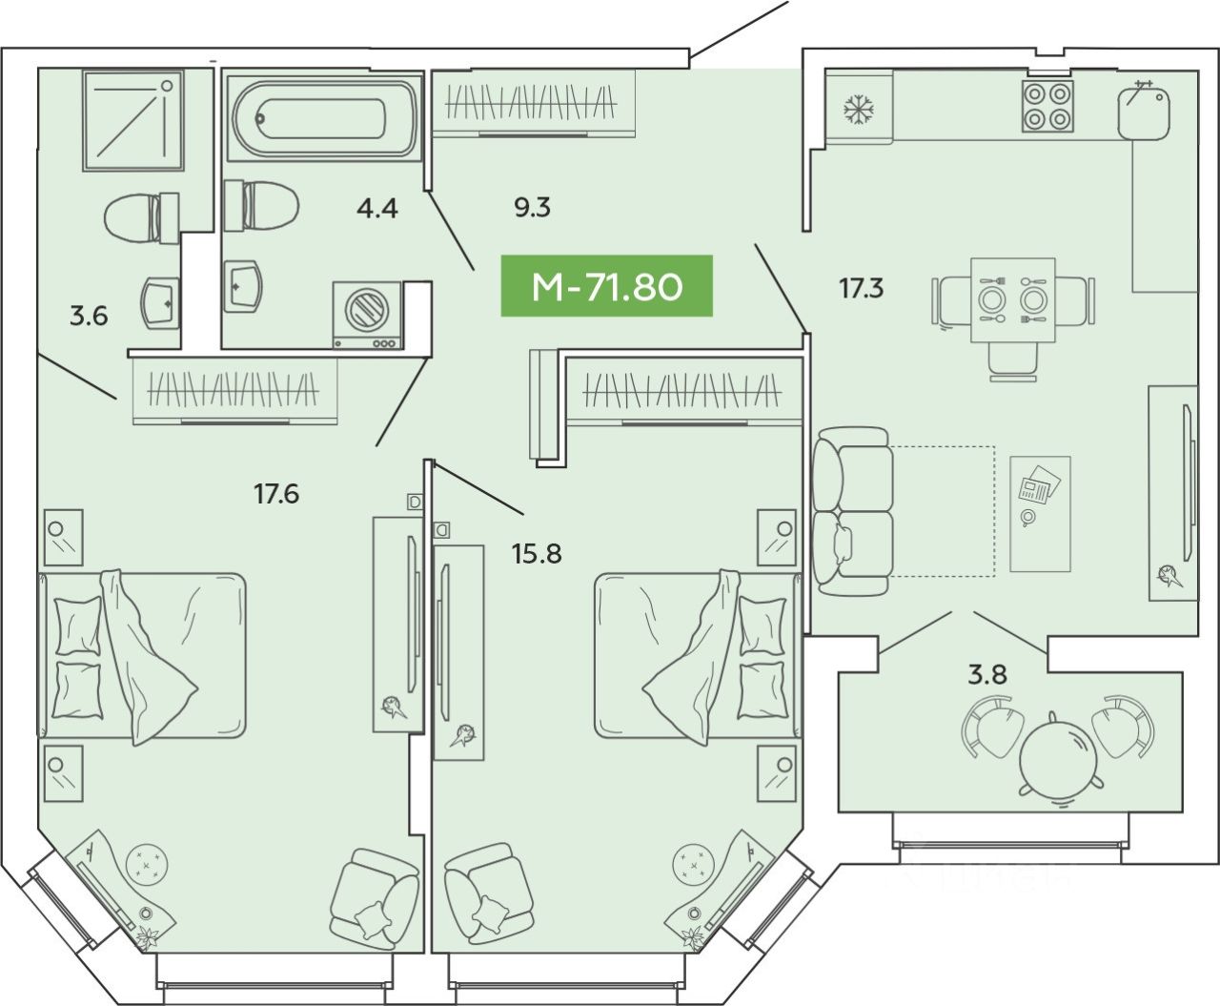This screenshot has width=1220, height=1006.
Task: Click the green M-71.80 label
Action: click(607, 286)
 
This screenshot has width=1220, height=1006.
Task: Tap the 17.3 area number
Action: click(861, 288)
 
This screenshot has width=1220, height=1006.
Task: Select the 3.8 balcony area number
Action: click(987, 674)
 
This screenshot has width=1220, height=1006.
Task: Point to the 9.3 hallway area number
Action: click(532, 207)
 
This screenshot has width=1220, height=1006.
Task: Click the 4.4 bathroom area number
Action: click(376, 207)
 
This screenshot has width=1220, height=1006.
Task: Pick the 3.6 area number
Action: click(89, 316)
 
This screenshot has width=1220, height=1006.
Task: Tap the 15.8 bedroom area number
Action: click(537, 552)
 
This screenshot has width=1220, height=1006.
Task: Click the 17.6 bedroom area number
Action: click(276, 493)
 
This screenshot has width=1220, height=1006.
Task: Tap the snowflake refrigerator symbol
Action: click(859, 109)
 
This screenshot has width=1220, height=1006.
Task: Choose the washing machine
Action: click(367, 316)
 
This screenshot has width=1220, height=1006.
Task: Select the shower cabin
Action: click(132, 119)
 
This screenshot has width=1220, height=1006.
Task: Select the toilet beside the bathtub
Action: click(259, 204)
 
